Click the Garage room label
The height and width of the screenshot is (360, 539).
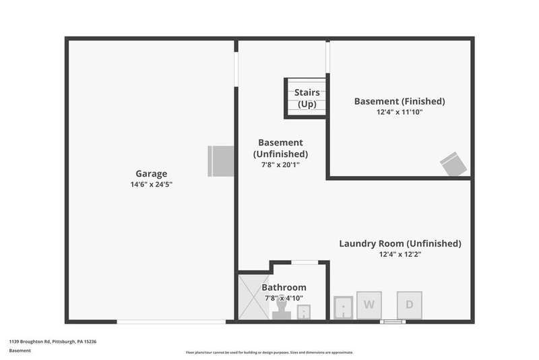coord(150,173)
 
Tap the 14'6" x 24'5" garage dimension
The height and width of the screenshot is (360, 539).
coord(150,184)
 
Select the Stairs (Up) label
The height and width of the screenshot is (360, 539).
coord(307,98)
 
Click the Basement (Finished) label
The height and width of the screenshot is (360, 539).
coord(400,101)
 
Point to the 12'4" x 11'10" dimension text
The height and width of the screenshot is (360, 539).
coord(400,112)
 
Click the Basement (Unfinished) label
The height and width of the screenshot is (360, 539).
coord(280,148)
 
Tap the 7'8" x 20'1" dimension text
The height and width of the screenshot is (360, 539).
coord(280,164)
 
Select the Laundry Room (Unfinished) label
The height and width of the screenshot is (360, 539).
coord(400,243)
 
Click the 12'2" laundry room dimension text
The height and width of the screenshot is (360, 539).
coord(400,254)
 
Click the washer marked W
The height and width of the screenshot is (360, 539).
coord(369,305)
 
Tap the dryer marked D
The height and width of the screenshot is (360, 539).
coord(409,305)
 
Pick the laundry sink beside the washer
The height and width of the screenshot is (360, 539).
coord(345,307)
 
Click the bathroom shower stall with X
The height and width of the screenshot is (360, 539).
coord(253,297)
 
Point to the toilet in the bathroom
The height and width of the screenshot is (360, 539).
coord(282,309)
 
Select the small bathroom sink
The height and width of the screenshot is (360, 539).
coord(304,312)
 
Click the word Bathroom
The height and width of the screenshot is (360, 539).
coord(284,287)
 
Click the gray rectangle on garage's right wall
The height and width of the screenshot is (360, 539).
coord(220,161)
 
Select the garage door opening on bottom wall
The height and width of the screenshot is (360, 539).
coord(171,322)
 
